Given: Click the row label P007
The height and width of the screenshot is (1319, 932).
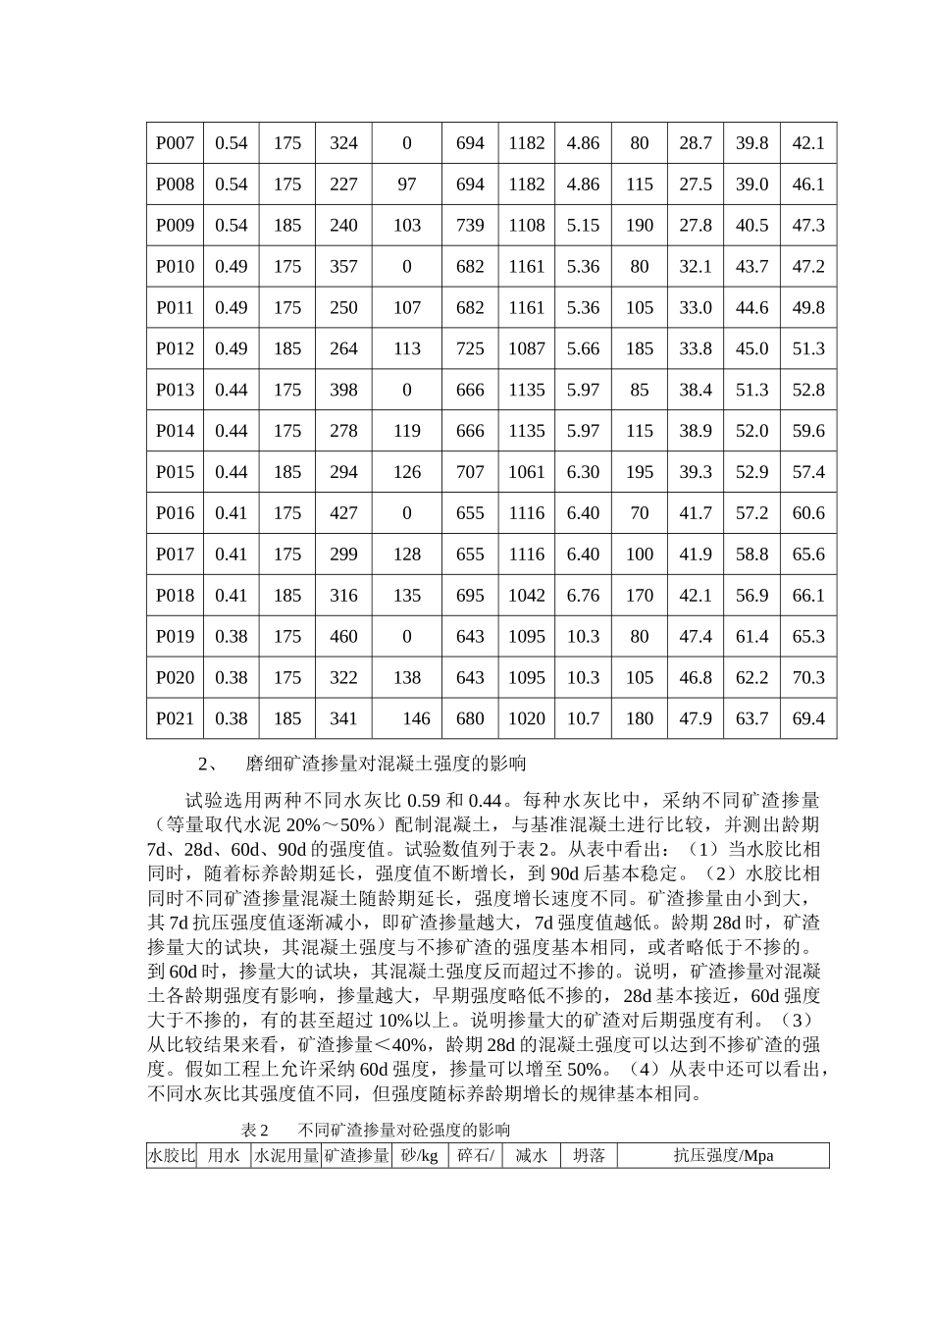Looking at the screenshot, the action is point(175,143).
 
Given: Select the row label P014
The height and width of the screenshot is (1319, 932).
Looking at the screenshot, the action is point(175,431).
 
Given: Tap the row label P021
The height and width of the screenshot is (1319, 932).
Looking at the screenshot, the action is point(175,718).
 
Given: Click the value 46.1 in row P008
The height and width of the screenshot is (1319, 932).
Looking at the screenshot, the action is point(808,185).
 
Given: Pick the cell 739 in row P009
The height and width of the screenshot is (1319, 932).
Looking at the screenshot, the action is point(470,226).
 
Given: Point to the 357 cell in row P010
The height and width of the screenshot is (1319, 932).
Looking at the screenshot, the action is point(343,267).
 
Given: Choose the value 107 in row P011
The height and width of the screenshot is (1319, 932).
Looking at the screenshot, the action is point(406,308).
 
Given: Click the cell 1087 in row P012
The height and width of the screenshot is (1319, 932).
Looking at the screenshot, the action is point(526,349).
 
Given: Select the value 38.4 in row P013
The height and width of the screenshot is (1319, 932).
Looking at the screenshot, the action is point(696,390).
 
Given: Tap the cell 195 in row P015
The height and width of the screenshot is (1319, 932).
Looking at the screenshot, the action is point(639,472).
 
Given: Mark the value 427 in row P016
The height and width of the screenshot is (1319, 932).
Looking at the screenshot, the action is point(343,513).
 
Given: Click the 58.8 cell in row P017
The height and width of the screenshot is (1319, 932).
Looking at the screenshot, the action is point(751,554).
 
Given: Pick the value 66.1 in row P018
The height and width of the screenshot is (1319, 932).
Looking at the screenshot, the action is point(808,596).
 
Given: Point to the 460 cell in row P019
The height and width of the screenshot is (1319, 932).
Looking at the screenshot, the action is point(343,637).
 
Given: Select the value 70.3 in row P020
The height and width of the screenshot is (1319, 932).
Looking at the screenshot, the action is point(808,678).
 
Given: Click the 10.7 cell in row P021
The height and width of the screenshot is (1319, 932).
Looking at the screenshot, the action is point(583,718).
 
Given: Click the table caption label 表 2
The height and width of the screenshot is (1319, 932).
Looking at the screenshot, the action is point(255,1130).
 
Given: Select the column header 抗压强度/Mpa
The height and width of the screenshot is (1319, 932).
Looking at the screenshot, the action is point(723,1155).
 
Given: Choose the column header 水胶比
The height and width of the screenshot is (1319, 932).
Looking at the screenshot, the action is point(172,1155).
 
